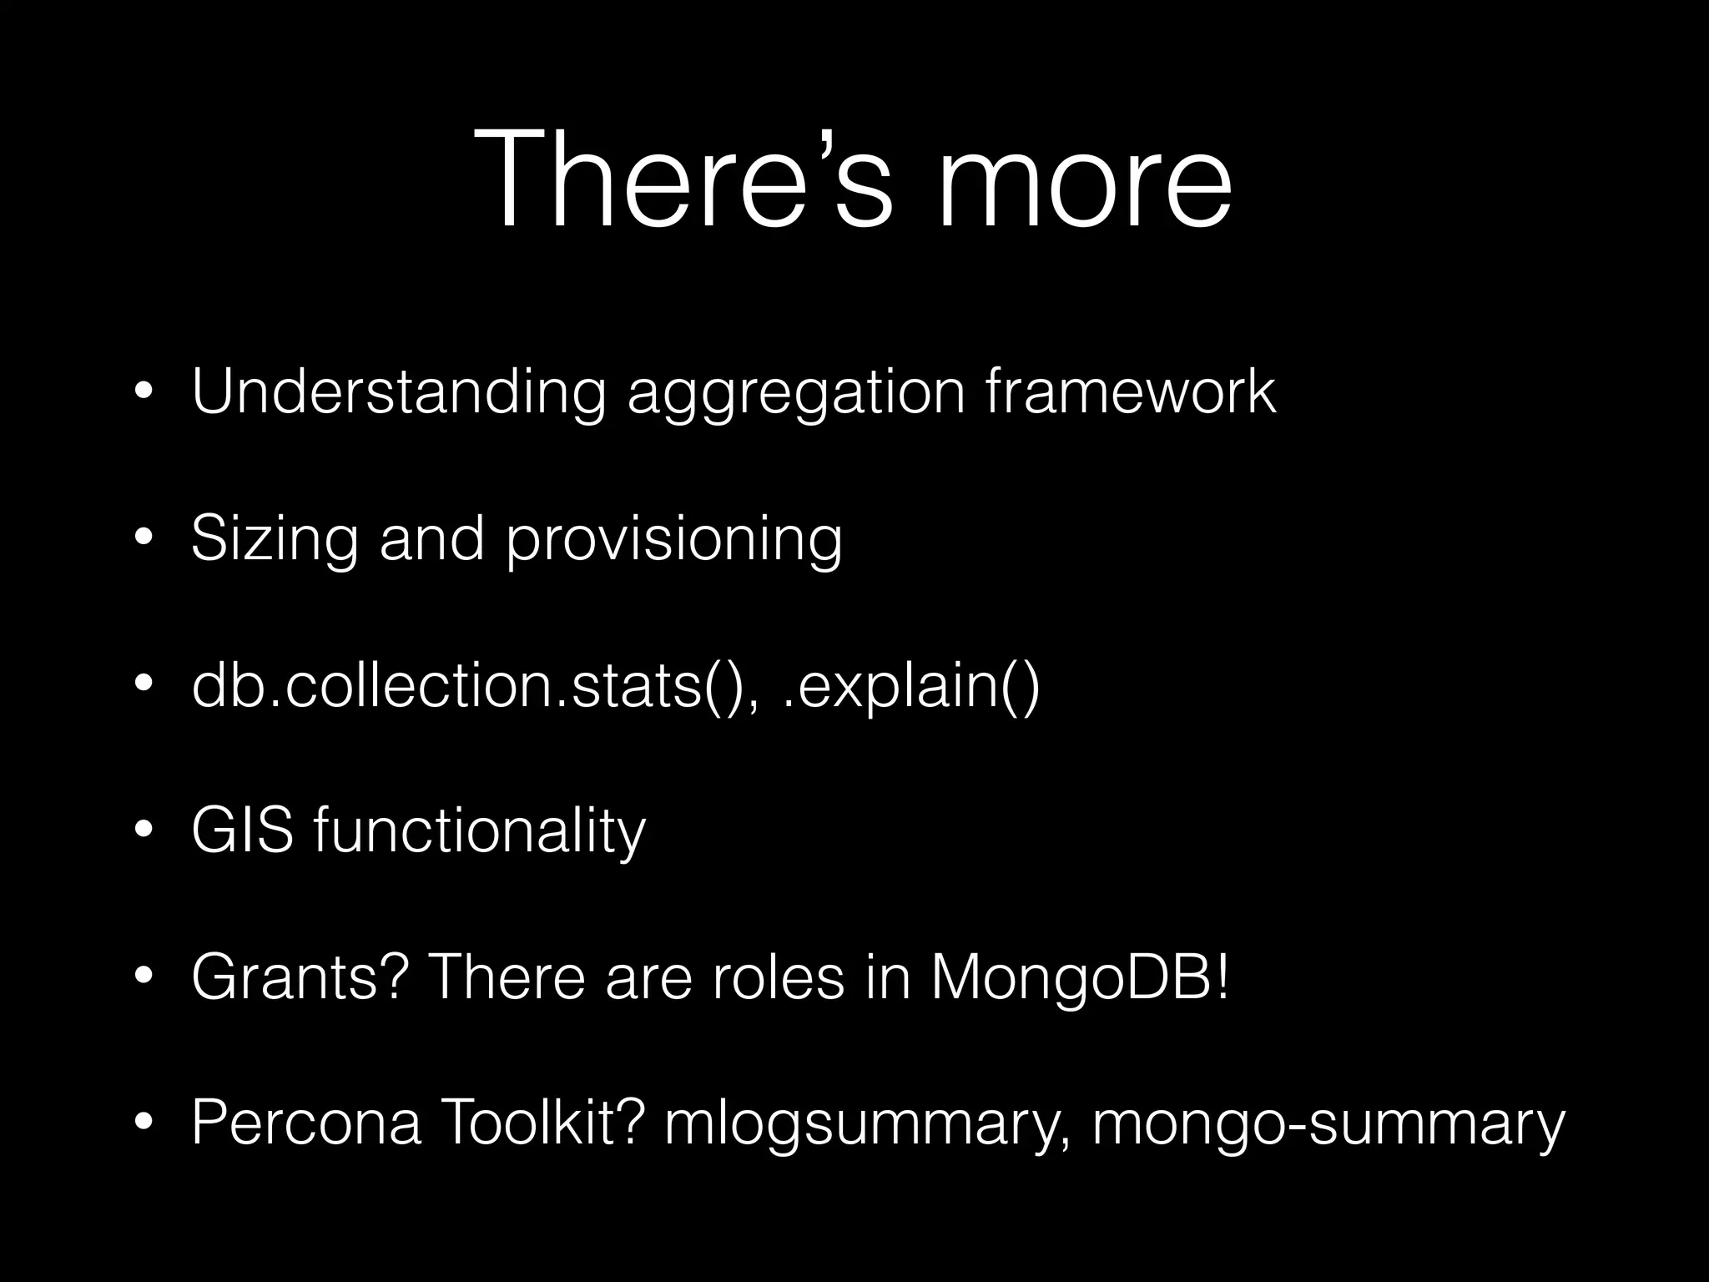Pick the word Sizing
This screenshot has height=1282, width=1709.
[275, 538]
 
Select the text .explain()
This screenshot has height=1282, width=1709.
[912, 686]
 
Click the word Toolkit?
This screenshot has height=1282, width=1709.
[543, 1123]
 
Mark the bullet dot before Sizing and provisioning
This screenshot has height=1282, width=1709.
[144, 538]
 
